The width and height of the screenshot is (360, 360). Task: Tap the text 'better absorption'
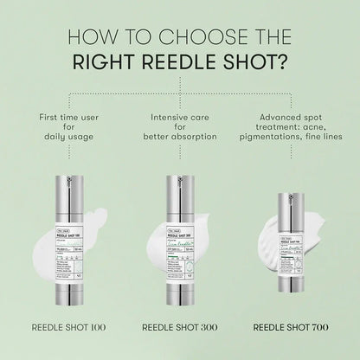180,138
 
